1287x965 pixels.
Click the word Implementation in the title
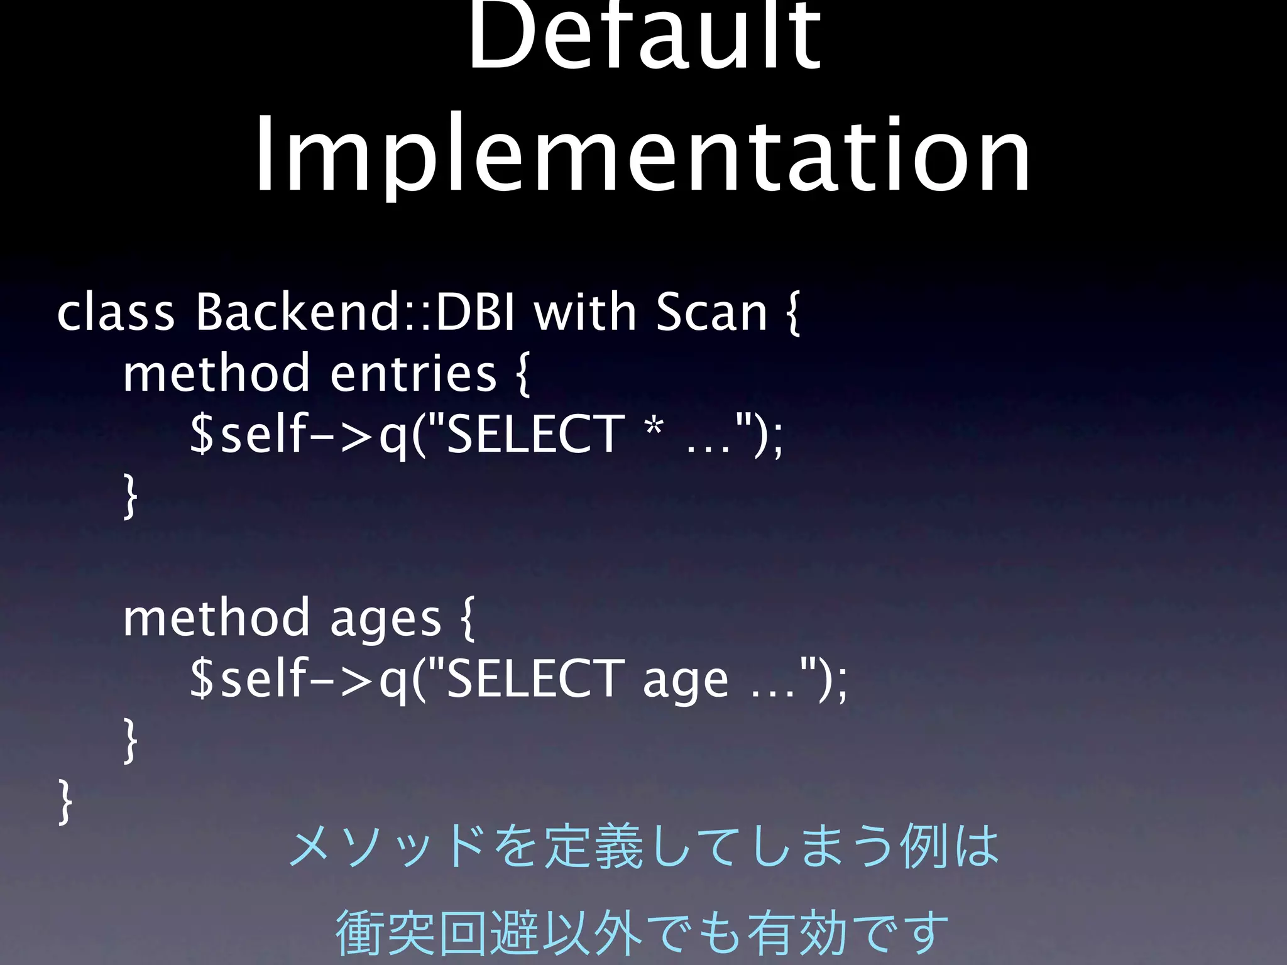(x=642, y=154)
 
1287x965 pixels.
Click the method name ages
(x=385, y=619)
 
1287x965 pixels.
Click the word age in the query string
(x=686, y=681)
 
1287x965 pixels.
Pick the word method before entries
(x=216, y=373)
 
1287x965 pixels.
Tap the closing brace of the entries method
(x=130, y=496)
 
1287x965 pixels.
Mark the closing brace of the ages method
(x=130, y=741)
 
